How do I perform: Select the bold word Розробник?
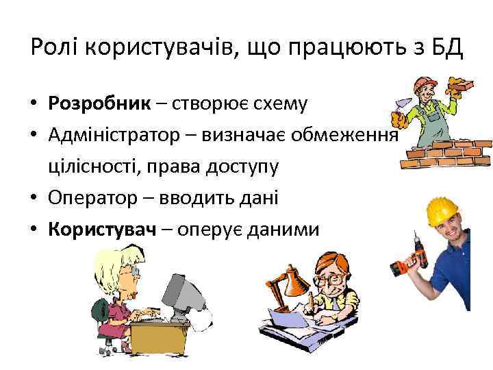[x=99, y=103]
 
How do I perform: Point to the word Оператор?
[x=94, y=198]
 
